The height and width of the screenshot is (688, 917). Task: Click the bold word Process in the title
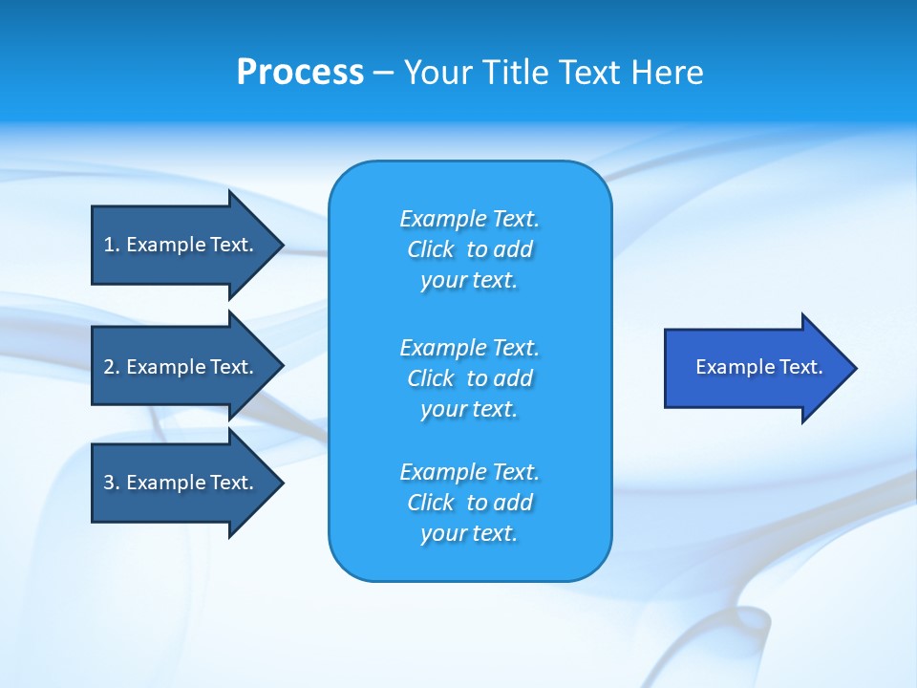point(300,73)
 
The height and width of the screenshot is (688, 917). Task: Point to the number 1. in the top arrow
point(112,245)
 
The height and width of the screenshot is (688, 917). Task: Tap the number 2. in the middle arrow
point(112,367)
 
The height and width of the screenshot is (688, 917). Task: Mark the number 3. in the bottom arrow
point(112,483)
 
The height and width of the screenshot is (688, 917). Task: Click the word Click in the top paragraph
point(431,249)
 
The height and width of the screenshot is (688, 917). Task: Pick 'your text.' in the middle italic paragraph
point(469,409)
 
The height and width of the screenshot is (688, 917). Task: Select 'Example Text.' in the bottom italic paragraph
point(469,472)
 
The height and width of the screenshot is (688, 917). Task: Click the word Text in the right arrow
point(800,367)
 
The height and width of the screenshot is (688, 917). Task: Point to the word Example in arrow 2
point(165,367)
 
